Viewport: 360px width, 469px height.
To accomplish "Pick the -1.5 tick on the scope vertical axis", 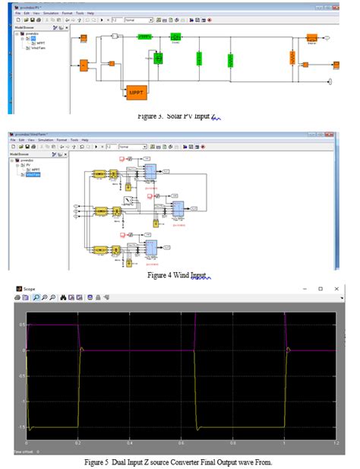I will [21, 427].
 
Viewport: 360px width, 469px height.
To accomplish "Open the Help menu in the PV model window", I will [90, 13].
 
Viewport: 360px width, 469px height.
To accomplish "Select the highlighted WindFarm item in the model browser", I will [32, 175].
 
